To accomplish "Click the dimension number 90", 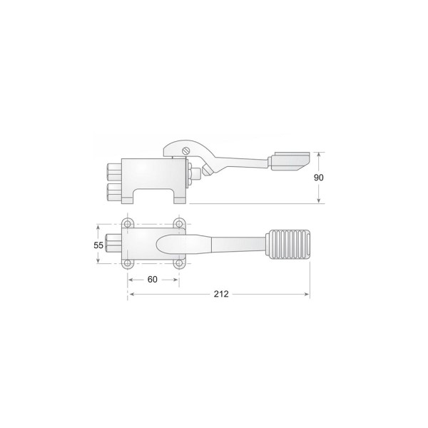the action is click(319, 178).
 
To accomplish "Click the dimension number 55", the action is click(98, 245).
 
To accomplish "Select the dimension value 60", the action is click(153, 279).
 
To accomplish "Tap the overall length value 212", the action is click(221, 294).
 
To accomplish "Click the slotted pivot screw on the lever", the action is click(185, 151).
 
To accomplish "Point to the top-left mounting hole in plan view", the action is click(127, 224).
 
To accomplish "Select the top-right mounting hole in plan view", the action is click(179, 224).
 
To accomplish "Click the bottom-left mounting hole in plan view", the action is click(127, 263).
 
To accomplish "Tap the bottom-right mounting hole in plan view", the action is click(179, 263).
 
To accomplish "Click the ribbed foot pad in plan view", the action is click(287, 244).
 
